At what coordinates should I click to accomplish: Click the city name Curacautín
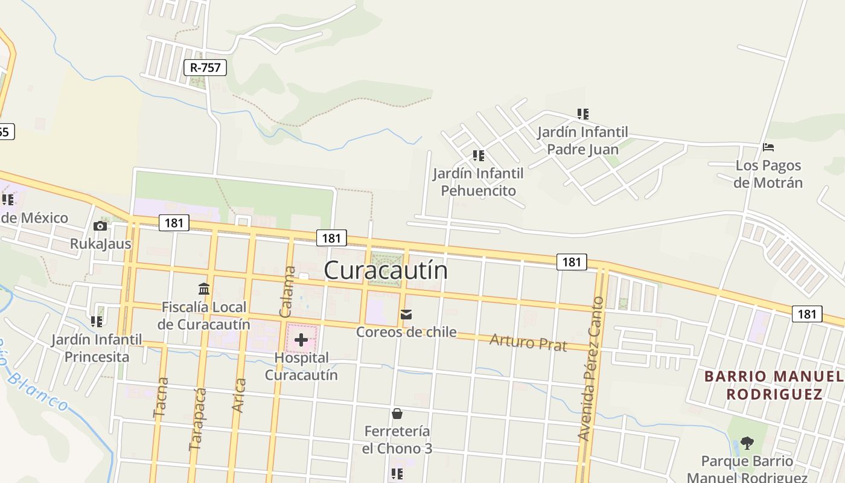(386, 270)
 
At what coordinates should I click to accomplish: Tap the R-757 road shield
(205, 68)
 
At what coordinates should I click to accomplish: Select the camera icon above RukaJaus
(100, 226)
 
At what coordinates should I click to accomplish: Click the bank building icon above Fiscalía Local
(204, 289)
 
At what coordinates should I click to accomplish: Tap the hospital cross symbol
(301, 340)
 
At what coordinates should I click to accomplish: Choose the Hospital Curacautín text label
(301, 366)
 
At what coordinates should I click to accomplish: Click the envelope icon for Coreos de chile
(406, 315)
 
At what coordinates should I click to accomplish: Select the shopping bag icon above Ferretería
(397, 414)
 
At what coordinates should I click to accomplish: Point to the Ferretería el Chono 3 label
(398, 440)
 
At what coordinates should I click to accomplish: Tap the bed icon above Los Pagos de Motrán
(768, 147)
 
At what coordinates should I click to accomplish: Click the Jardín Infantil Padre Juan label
(582, 141)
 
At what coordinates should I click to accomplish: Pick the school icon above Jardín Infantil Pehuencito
(479, 156)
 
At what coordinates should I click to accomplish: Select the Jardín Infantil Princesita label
(97, 348)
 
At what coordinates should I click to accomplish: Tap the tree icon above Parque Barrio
(747, 443)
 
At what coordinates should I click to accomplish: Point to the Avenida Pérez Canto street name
(590, 368)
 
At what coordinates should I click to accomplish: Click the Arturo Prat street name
(528, 342)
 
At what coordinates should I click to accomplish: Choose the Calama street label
(289, 291)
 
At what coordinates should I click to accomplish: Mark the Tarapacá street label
(197, 419)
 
